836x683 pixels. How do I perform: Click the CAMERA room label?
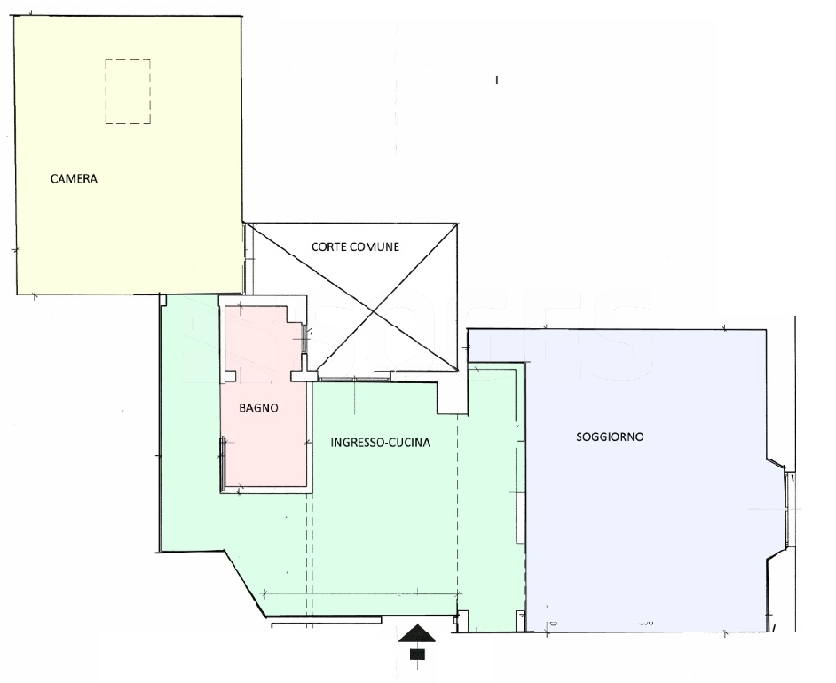point(75,178)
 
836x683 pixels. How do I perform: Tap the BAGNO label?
point(258,408)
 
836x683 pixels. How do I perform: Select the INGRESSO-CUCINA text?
point(380,443)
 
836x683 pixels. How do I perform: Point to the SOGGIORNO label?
point(610,437)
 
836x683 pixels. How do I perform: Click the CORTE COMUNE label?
point(355,247)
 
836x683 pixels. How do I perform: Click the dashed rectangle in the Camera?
point(128,91)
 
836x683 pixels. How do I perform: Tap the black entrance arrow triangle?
point(417,633)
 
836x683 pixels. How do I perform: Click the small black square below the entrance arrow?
point(417,654)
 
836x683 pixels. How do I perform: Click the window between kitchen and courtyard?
point(353,380)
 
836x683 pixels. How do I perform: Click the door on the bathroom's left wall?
point(223,455)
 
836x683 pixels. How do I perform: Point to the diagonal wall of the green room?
point(246,584)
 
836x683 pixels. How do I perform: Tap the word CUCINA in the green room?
point(408,443)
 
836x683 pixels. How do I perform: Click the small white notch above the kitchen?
point(453,397)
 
